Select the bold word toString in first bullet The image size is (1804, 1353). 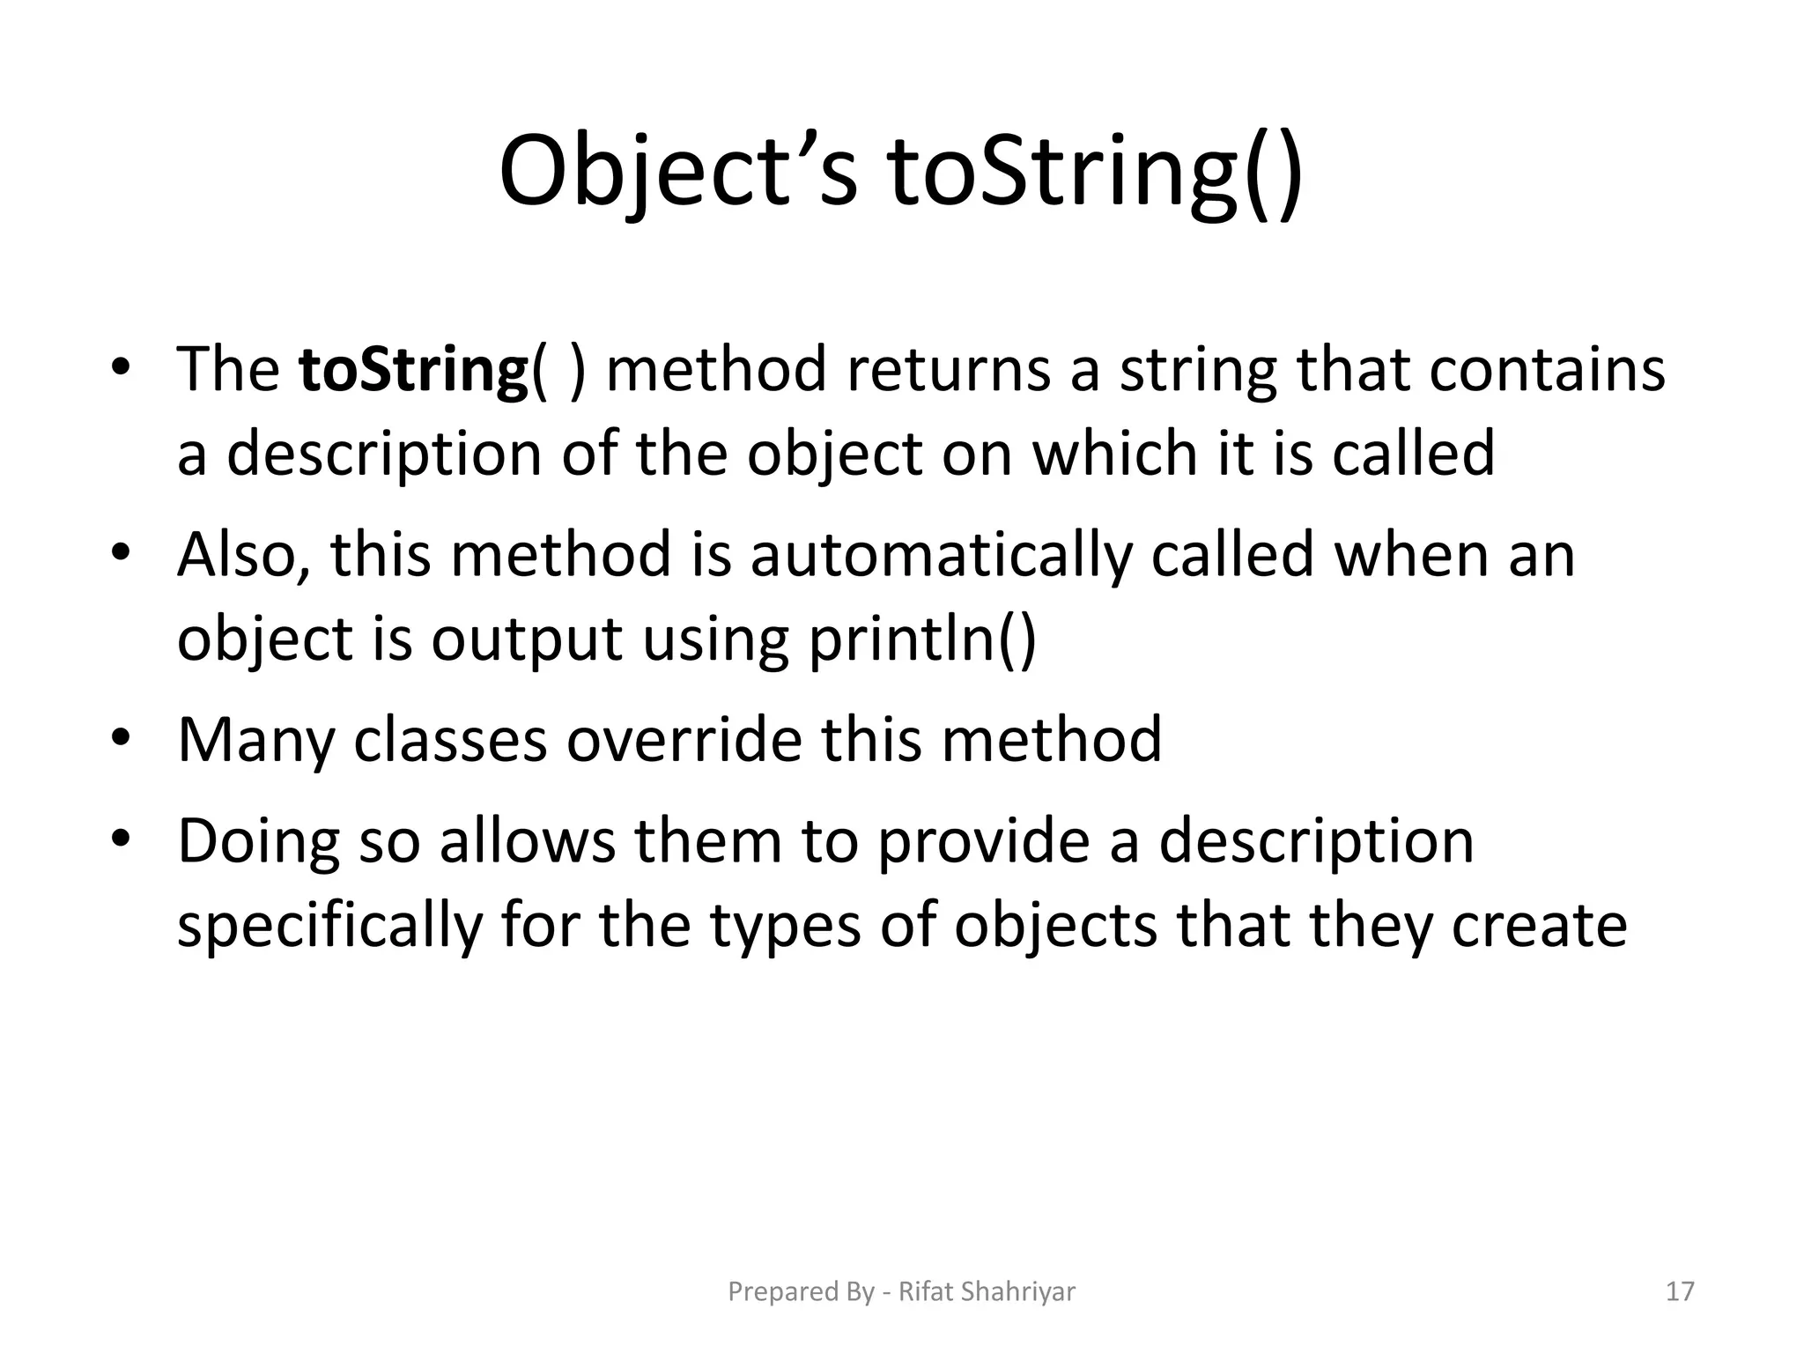412,370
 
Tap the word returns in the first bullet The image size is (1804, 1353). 948,370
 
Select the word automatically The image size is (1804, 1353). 940,556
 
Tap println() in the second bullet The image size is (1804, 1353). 922,640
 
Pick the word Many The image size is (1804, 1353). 255,740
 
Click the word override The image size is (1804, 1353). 684,740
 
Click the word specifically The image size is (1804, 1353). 329,926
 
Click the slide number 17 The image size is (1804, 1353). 1680,1291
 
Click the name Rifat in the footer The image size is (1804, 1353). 925,1291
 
